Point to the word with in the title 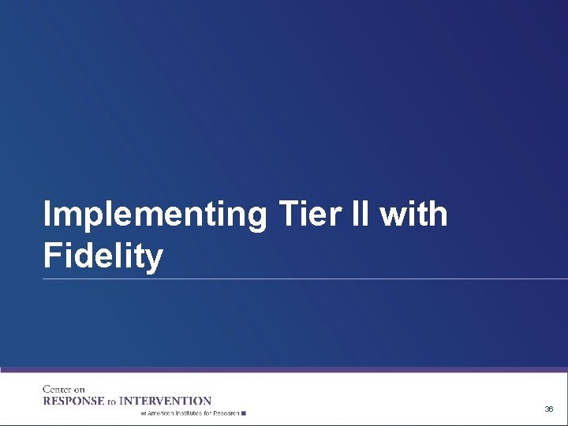pyautogui.click(x=414, y=214)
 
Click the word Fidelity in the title pyautogui.click(x=103, y=256)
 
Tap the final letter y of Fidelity pyautogui.click(x=155, y=260)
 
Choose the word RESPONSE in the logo pyautogui.click(x=73, y=401)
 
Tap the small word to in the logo pyautogui.click(x=111, y=402)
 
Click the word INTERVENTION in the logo pyautogui.click(x=165, y=401)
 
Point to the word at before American pyautogui.click(x=144, y=413)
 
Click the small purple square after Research pyautogui.click(x=245, y=413)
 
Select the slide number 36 pyautogui.click(x=548, y=409)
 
